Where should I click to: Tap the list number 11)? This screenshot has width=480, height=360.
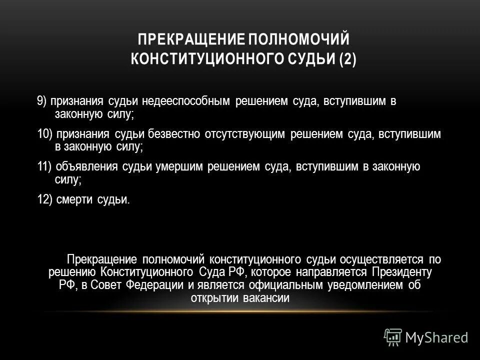[x=44, y=166]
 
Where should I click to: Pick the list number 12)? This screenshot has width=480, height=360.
[x=44, y=199]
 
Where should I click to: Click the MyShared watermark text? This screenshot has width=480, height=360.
[x=437, y=337]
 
